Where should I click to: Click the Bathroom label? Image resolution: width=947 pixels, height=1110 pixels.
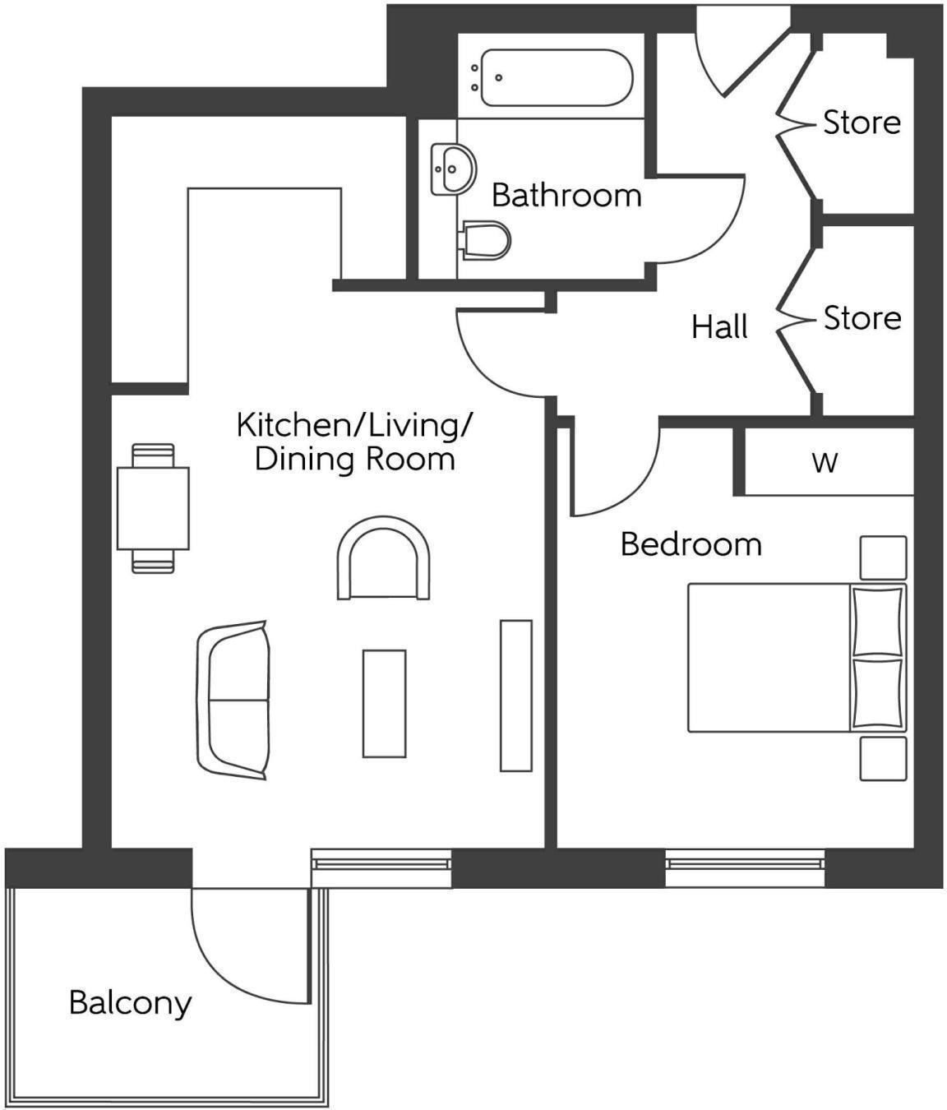click(566, 196)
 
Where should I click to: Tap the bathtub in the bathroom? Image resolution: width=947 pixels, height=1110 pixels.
click(556, 78)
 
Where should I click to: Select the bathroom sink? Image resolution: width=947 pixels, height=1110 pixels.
click(453, 169)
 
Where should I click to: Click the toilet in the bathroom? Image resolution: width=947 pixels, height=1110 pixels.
click(487, 240)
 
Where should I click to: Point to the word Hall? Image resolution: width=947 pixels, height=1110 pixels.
click(719, 327)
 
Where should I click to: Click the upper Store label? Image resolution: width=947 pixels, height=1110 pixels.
click(862, 123)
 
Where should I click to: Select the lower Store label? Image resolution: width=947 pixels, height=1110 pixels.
click(862, 318)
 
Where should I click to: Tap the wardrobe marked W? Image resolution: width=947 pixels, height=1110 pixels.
click(825, 462)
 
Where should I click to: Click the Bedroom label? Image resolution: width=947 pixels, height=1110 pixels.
click(691, 544)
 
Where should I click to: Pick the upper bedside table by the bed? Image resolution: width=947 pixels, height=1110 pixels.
click(883, 557)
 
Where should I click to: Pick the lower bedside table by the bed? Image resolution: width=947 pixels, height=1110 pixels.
click(883, 758)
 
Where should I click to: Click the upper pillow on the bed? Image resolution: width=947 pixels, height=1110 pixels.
click(877, 622)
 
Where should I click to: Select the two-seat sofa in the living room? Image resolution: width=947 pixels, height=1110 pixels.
click(234, 700)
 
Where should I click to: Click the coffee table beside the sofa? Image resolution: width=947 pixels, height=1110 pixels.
click(384, 703)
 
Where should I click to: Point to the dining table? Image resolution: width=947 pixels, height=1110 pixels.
click(153, 508)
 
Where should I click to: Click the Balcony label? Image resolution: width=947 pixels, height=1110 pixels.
click(130, 1003)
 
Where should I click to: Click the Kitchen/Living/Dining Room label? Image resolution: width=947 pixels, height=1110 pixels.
click(354, 442)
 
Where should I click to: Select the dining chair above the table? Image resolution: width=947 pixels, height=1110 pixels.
click(153, 455)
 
